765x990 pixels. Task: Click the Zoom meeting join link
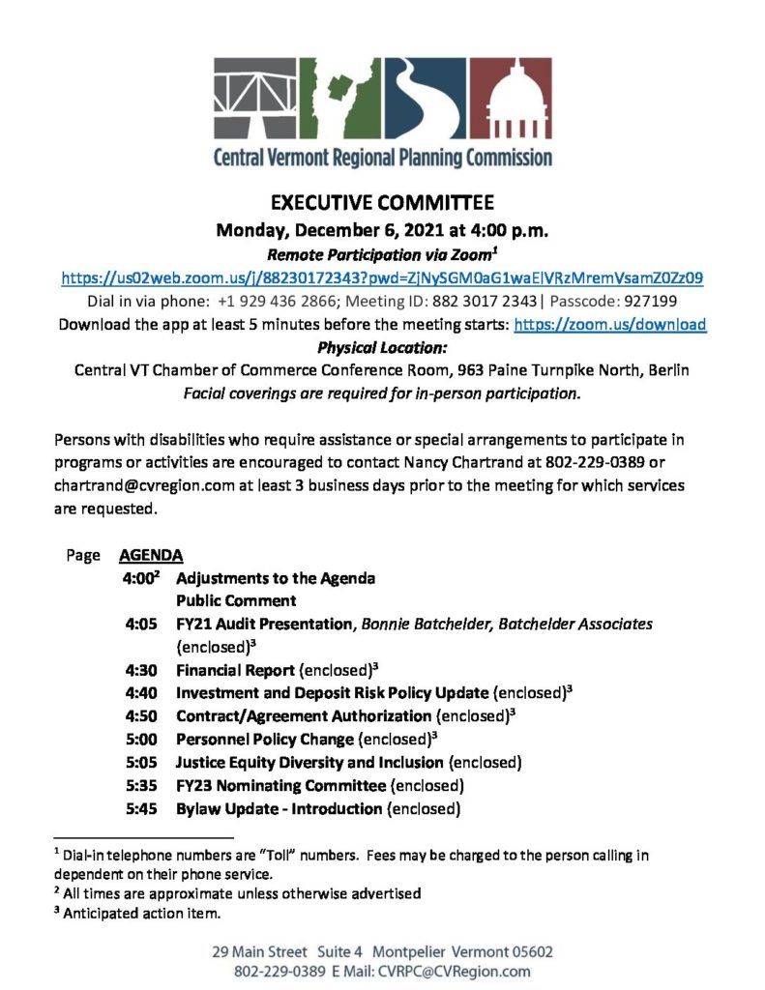click(382, 277)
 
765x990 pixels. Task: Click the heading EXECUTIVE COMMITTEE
click(381, 203)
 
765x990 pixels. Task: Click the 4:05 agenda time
click(141, 625)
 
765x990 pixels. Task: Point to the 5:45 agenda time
click(141, 807)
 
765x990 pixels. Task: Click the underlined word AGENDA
click(151, 556)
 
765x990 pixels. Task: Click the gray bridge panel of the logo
click(255, 99)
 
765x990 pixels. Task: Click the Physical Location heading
click(381, 347)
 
